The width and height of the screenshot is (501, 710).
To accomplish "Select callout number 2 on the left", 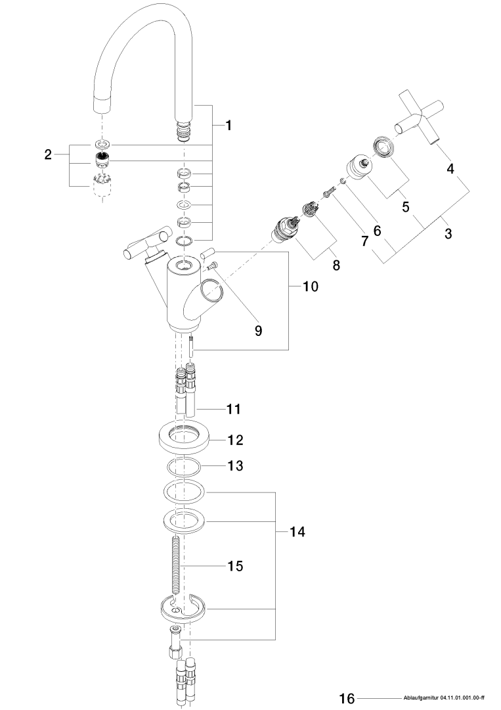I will pos(47,155).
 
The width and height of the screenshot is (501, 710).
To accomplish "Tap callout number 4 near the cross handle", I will pos(450,168).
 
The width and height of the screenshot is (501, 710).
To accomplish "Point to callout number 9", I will pos(259,331).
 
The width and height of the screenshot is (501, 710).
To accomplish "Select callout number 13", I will pos(234,466).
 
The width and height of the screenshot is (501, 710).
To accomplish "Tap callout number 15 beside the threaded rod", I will pos(234,565).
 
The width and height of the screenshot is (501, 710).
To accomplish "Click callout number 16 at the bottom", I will pos(347,698).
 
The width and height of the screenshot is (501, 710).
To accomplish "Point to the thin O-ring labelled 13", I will pos(183,468).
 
